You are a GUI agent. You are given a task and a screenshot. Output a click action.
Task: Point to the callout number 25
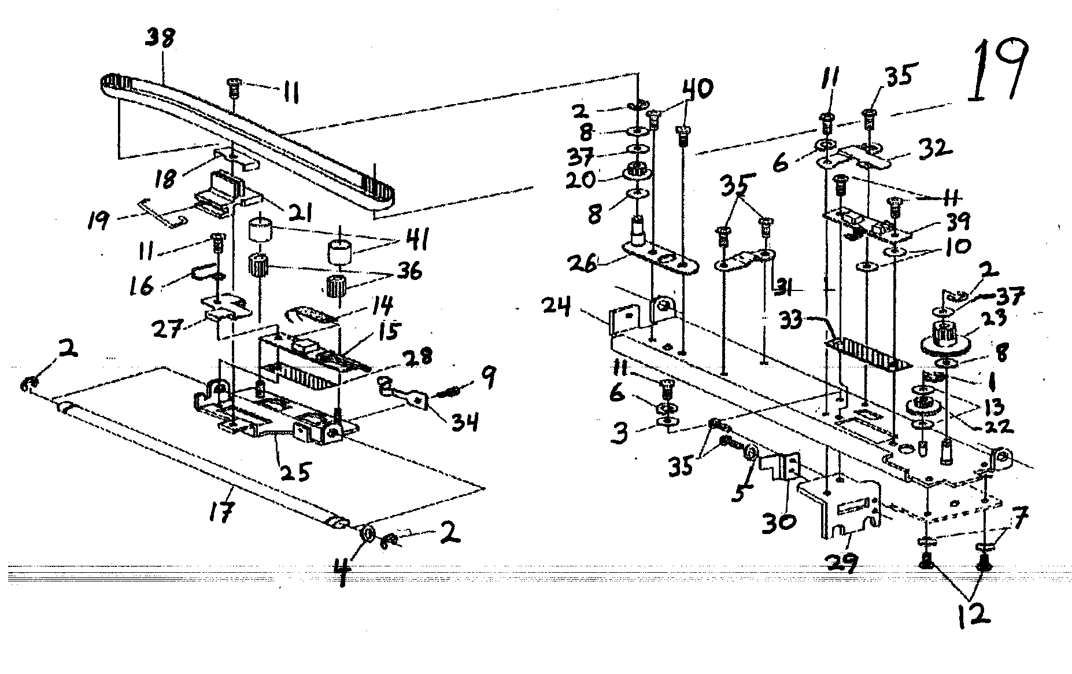click(295, 472)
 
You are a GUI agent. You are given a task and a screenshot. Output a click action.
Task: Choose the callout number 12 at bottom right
click(973, 614)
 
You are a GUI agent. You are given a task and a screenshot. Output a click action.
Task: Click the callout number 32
click(936, 149)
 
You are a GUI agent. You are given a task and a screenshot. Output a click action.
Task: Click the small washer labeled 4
click(367, 533)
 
